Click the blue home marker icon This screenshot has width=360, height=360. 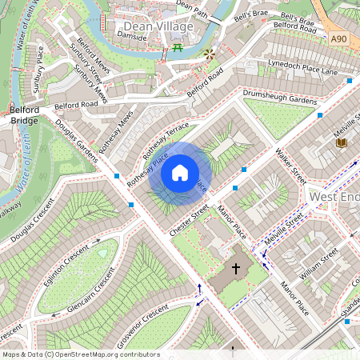pyautogui.click(x=180, y=173)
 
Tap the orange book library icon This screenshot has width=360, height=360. pyautogui.click(x=341, y=142)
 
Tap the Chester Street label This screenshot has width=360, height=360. pyautogui.click(x=189, y=220)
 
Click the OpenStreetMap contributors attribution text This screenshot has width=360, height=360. pyautogui.click(x=80, y=354)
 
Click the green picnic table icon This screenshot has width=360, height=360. pyautogui.click(x=178, y=49)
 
